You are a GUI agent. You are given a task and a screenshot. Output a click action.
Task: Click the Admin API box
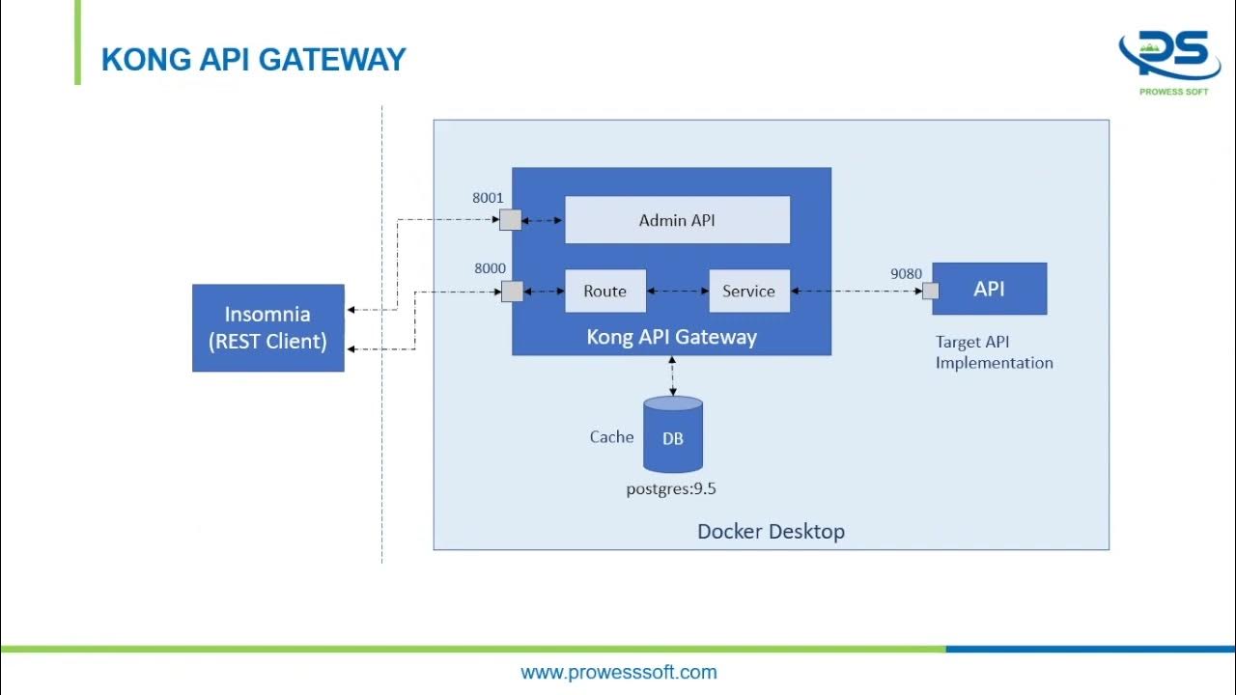pyautogui.click(x=677, y=220)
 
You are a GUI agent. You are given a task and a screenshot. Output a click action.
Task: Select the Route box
pyautogui.click(x=605, y=291)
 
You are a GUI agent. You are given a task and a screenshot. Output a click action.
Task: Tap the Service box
pyautogui.click(x=749, y=291)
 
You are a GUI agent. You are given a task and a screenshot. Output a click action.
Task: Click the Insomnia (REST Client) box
pyautogui.click(x=268, y=327)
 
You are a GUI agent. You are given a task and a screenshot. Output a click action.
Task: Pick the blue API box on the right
pyautogui.click(x=989, y=289)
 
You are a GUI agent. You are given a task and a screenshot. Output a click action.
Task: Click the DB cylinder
pyautogui.click(x=673, y=436)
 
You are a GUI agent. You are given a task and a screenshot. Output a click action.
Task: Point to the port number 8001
pyautogui.click(x=488, y=198)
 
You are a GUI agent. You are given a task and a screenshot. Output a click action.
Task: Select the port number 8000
pyautogui.click(x=490, y=268)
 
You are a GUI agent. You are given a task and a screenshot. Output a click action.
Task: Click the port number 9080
pyautogui.click(x=906, y=273)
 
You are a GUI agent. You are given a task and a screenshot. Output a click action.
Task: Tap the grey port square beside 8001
pyautogui.click(x=510, y=220)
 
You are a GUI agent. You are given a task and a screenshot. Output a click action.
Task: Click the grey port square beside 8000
pyautogui.click(x=513, y=291)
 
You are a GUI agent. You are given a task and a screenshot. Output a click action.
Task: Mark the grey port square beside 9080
pyautogui.click(x=931, y=291)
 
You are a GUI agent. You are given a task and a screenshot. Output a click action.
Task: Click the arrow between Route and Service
pyautogui.click(x=677, y=291)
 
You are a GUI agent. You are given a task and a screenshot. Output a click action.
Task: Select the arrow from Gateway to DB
pyautogui.click(x=672, y=376)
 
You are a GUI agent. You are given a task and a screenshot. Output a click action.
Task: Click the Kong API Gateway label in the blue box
pyautogui.click(x=671, y=337)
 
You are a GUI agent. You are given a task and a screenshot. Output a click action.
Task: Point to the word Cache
pyautogui.click(x=611, y=437)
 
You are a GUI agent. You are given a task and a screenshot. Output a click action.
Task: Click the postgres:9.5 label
pyautogui.click(x=671, y=488)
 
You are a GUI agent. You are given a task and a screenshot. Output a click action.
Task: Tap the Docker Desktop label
pyautogui.click(x=771, y=531)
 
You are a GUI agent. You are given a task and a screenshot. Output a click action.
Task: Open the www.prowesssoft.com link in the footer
pyautogui.click(x=618, y=672)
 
